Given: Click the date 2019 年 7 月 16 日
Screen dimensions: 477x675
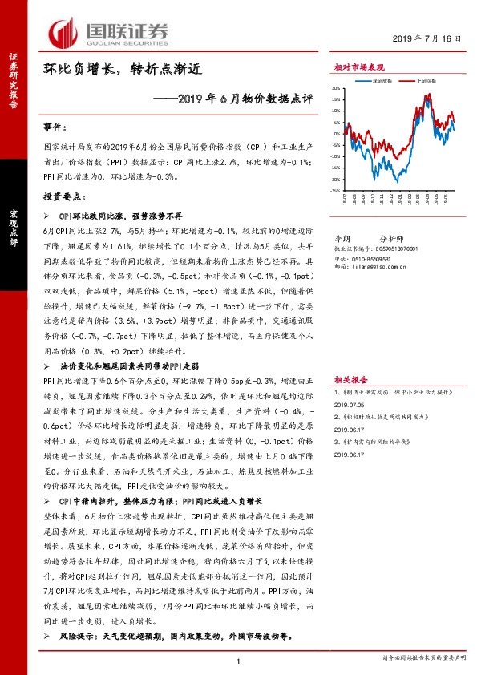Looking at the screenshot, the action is pos(429,39).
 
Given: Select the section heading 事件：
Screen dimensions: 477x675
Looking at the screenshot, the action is pos(55,127).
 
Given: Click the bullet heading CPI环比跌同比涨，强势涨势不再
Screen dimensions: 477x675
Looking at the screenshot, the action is pos(121,217).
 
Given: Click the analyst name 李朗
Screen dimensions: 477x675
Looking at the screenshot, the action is pos(342,239).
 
